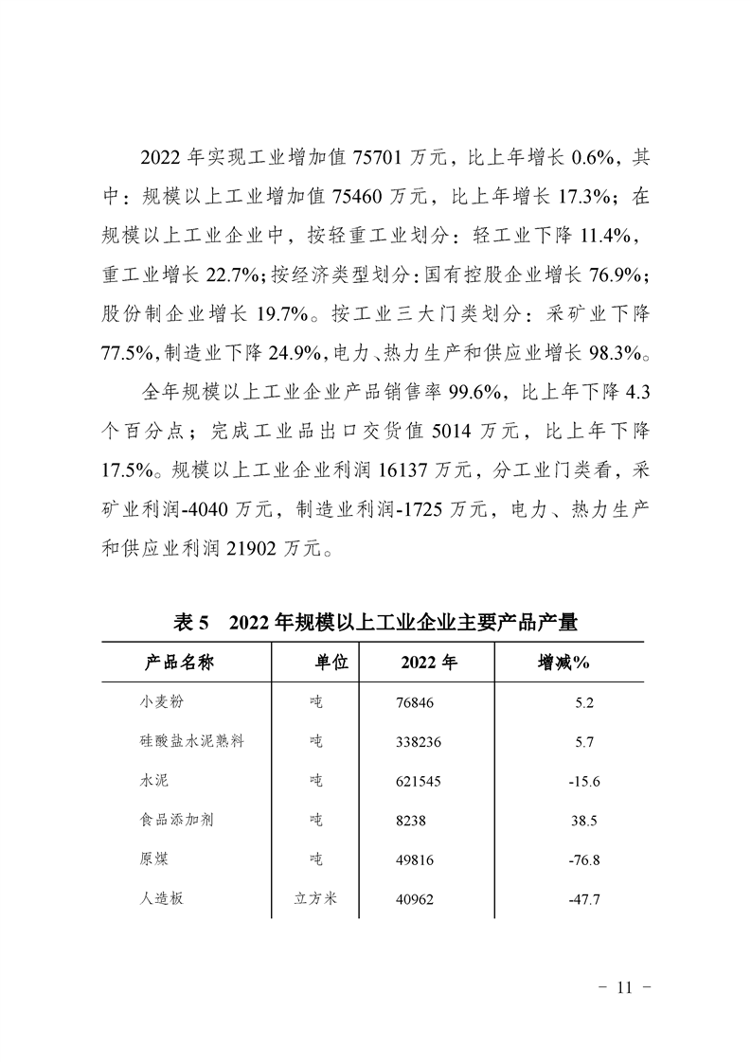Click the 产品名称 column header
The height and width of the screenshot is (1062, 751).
tap(179, 663)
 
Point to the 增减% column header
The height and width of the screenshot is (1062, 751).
tap(563, 663)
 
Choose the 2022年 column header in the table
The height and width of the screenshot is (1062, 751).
tap(429, 663)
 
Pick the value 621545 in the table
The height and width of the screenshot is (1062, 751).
tap(420, 781)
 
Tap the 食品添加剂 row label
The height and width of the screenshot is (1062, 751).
tap(175, 820)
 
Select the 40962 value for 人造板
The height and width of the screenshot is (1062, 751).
tap(417, 898)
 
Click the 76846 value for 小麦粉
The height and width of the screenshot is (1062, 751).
tap(417, 702)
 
